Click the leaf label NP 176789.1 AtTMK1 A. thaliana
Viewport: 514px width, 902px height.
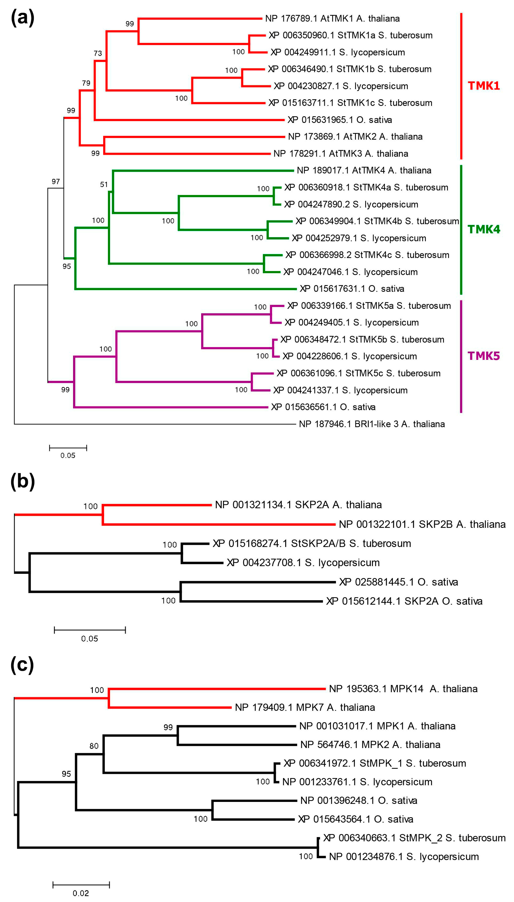click(x=332, y=18)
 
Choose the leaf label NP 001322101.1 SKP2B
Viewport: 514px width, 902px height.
click(x=422, y=524)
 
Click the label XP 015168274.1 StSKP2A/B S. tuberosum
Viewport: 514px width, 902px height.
click(x=312, y=543)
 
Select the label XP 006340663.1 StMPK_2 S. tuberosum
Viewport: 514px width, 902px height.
click(x=414, y=838)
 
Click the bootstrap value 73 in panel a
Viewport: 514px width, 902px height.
click(x=98, y=53)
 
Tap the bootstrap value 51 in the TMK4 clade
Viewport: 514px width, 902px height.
click(x=104, y=184)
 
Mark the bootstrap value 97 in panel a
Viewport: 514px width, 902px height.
click(x=56, y=182)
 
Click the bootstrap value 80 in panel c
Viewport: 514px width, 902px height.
click(x=94, y=746)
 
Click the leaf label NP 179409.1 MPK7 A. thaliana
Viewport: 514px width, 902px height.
click(x=305, y=707)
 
